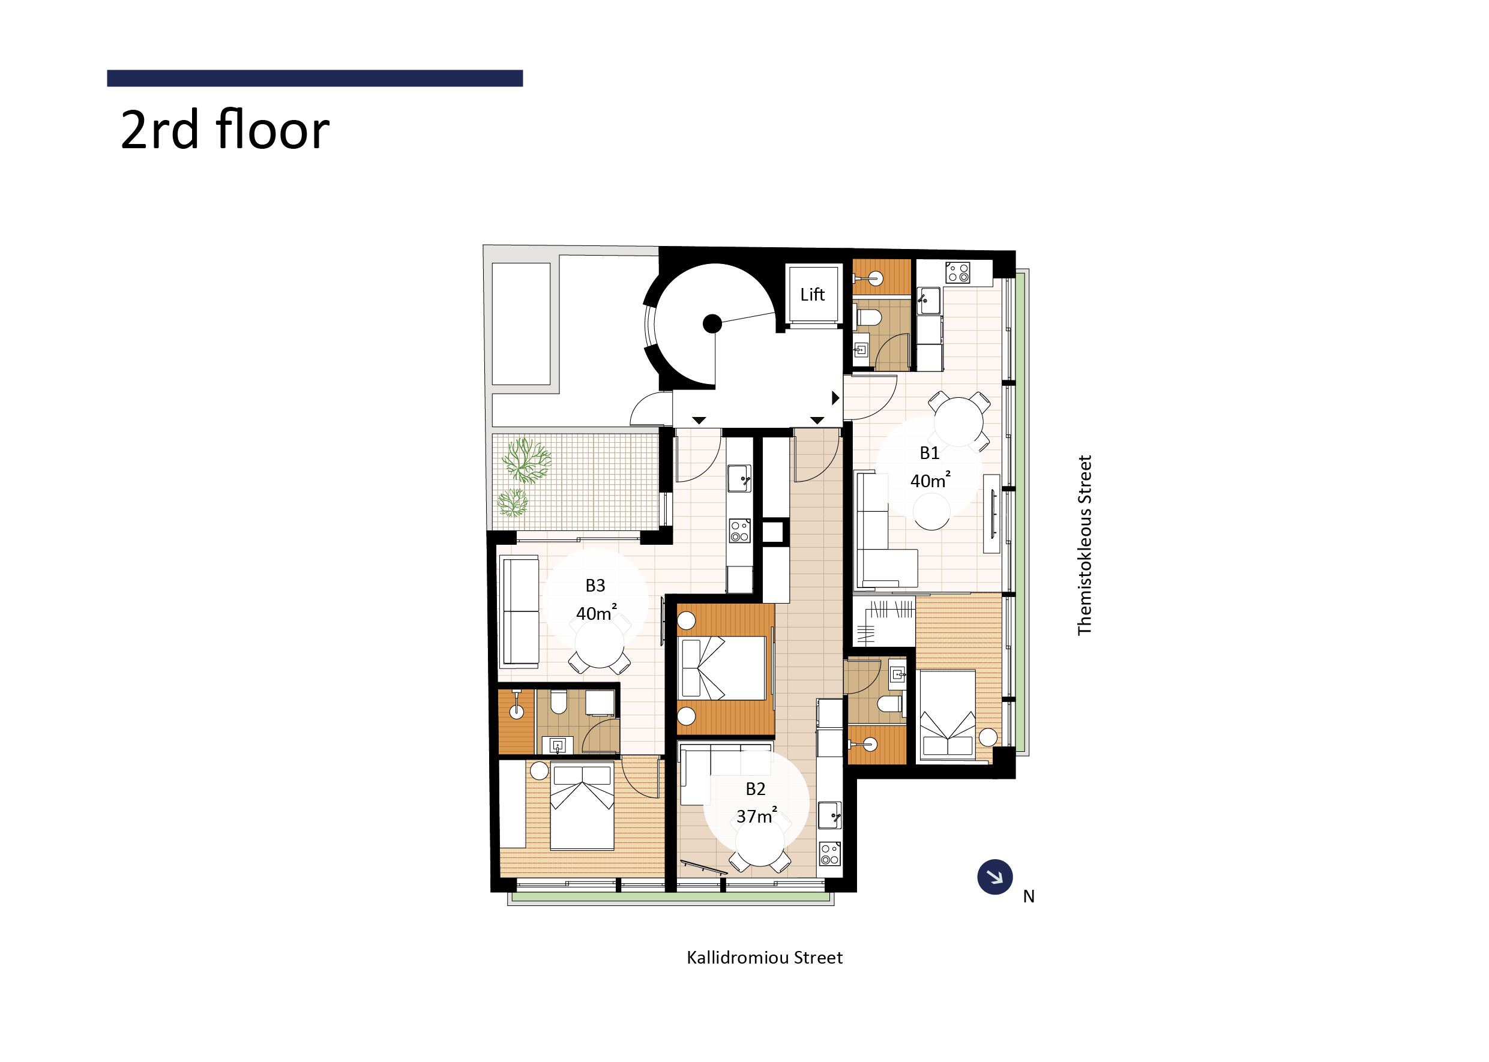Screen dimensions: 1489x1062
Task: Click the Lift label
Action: [x=812, y=295]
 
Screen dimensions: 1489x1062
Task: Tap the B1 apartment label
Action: [x=929, y=453]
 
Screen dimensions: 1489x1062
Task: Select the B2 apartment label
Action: [x=755, y=790]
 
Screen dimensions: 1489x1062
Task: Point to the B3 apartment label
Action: [x=595, y=586]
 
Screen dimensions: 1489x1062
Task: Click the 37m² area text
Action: [x=757, y=816]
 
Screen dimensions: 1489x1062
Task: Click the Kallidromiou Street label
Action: [x=765, y=958]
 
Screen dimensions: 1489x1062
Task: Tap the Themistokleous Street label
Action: [x=1085, y=545]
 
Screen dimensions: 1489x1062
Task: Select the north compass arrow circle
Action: [x=994, y=877]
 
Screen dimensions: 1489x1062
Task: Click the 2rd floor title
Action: [x=225, y=130]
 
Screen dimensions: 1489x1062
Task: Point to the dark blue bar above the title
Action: [x=314, y=79]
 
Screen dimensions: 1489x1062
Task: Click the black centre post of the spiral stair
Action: [x=712, y=323]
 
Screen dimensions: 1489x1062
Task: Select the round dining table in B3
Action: [x=600, y=643]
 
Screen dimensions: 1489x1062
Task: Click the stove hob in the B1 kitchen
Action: [x=958, y=272]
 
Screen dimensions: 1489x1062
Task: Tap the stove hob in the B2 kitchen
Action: [x=830, y=854]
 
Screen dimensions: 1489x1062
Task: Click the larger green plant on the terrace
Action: [x=526, y=460]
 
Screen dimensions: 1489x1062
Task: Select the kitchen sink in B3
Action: [x=739, y=478]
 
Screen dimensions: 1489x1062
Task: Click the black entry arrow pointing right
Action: [x=835, y=398]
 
